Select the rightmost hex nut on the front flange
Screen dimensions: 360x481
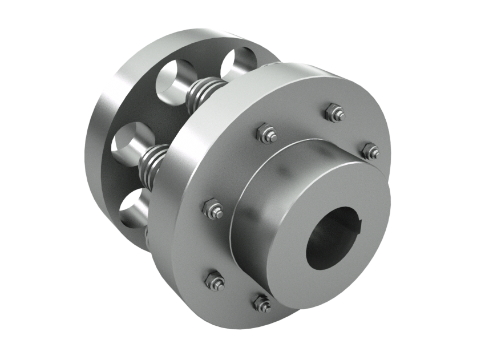pos(369,151)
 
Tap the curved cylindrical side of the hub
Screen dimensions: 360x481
pos(251,205)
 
